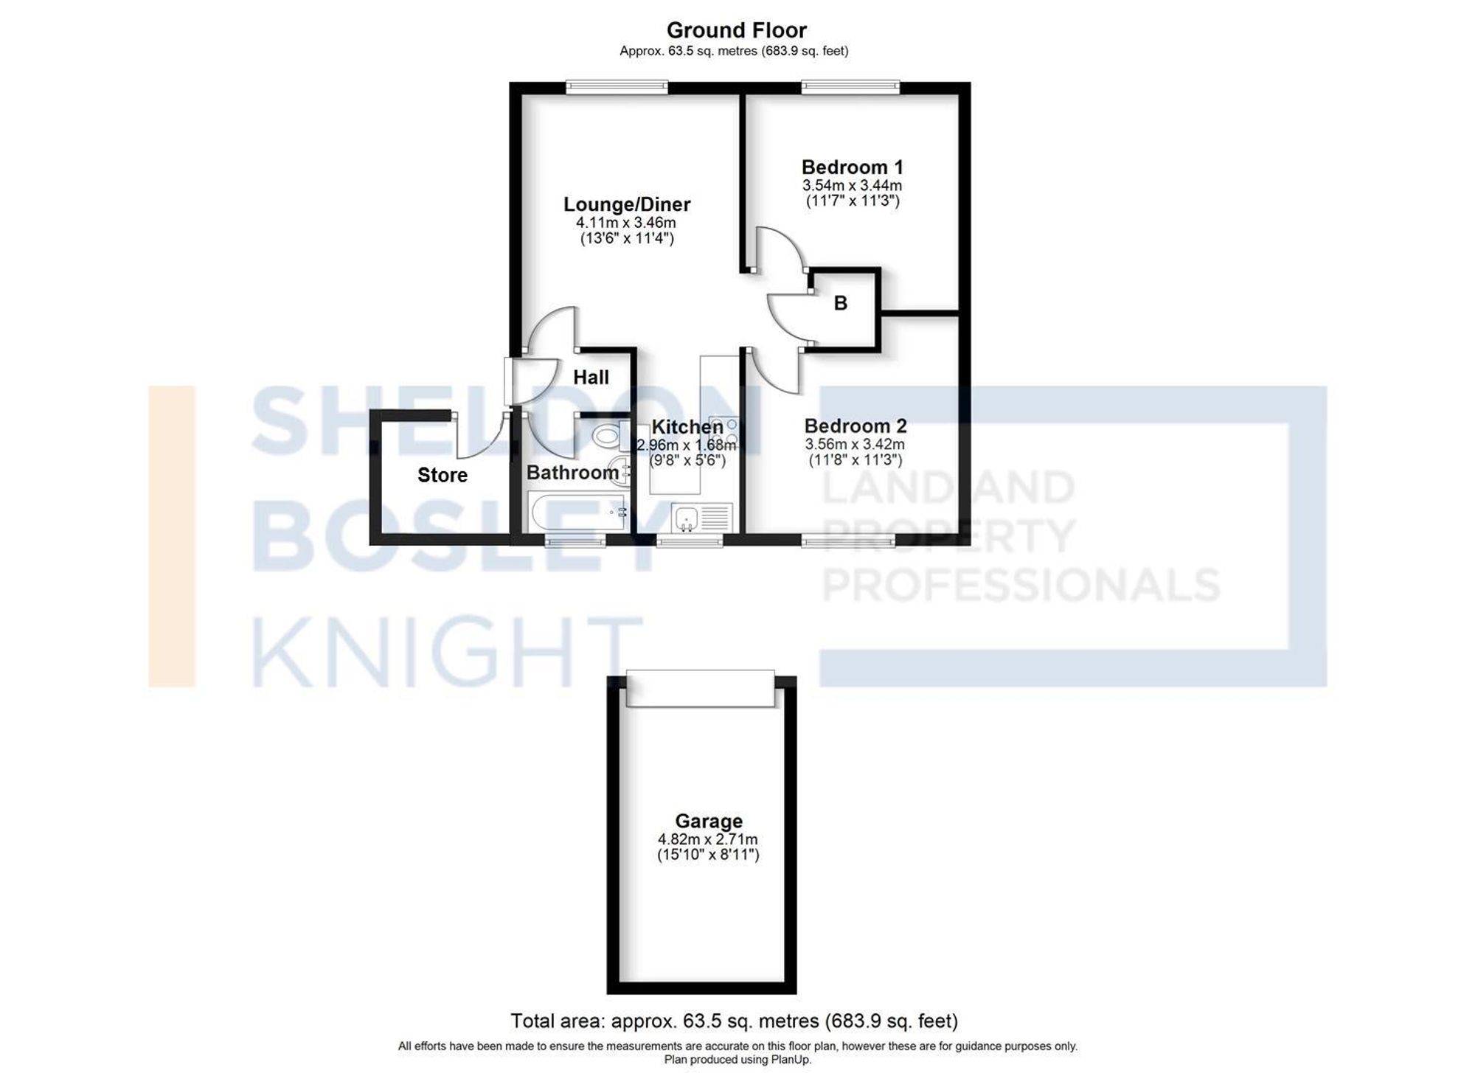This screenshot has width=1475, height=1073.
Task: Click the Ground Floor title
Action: tap(736, 30)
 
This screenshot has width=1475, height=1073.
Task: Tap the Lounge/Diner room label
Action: tap(627, 204)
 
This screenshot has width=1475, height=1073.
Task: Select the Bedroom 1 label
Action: tap(852, 167)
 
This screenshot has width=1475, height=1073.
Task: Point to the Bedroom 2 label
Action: tap(855, 426)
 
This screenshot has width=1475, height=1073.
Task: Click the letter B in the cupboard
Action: tap(840, 303)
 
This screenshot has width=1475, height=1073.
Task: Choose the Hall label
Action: tap(591, 378)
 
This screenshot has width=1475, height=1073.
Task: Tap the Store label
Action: tap(442, 475)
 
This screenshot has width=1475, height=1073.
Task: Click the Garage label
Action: tap(709, 821)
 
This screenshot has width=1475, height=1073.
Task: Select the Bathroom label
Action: tap(572, 473)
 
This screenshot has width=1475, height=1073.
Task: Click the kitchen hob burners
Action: tap(723, 433)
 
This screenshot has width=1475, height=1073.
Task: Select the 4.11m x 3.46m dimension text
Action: tap(626, 223)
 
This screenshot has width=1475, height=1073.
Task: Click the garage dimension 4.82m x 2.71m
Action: tap(708, 839)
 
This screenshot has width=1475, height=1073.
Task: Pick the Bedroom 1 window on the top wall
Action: tap(850, 87)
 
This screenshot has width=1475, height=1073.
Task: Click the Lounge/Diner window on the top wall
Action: tap(617, 87)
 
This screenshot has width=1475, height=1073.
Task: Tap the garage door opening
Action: tap(701, 688)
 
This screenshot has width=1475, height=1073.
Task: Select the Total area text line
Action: tap(735, 1021)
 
